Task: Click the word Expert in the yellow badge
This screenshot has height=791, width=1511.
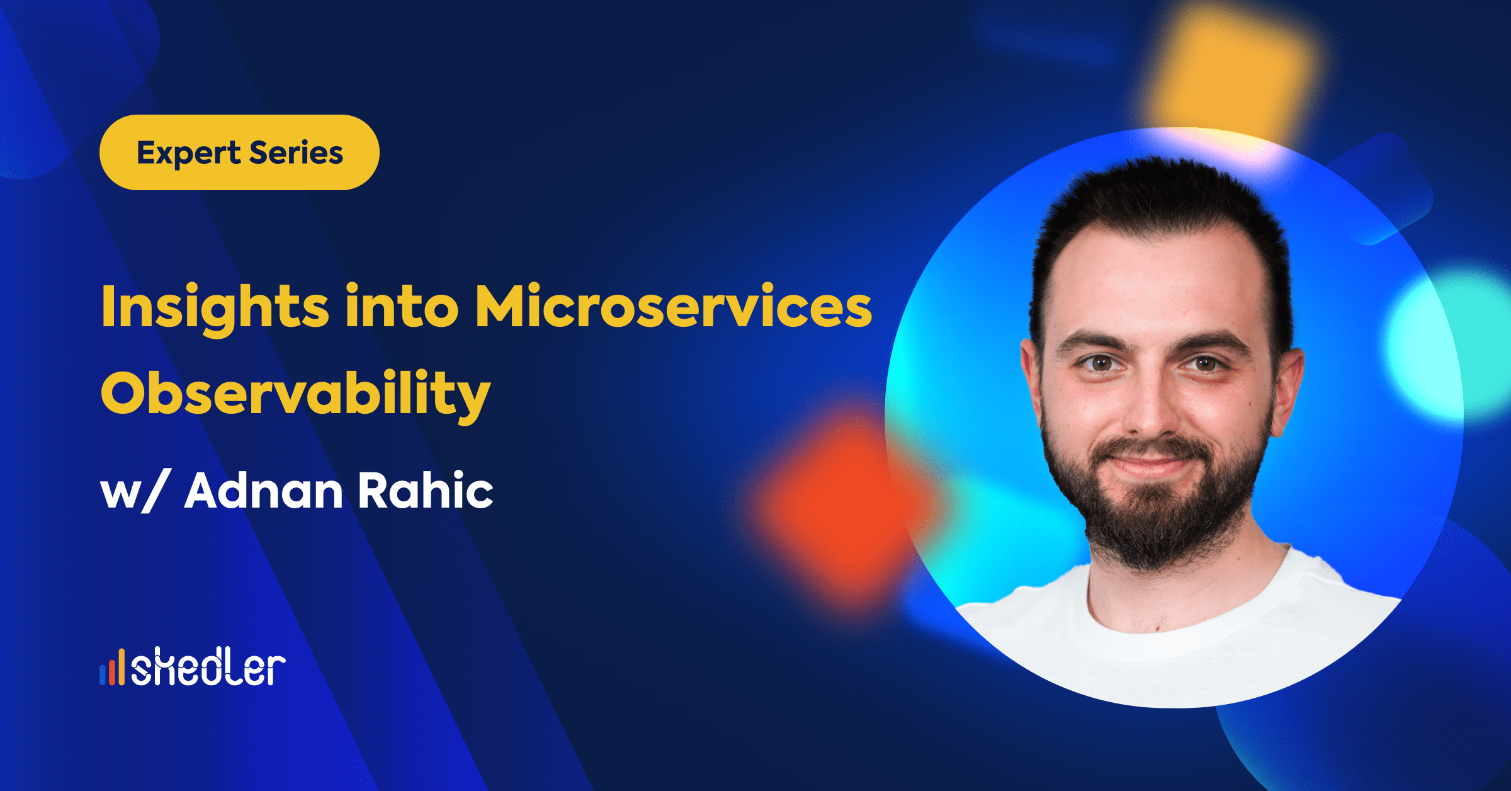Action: pyautogui.click(x=188, y=153)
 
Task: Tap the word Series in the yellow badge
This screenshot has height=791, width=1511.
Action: pyautogui.click(x=297, y=152)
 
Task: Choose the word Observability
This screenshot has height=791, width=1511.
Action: pyautogui.click(x=295, y=394)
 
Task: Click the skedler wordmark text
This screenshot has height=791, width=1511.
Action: pyautogui.click(x=208, y=667)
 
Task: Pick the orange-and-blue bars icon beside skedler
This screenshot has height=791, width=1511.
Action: pyautogui.click(x=112, y=668)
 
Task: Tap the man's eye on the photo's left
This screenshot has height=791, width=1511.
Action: pyautogui.click(x=1101, y=363)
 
